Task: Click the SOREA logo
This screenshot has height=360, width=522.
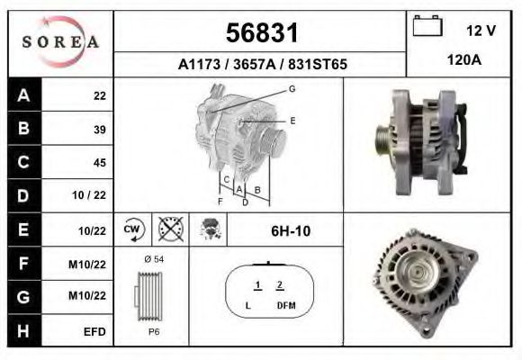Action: point(60,42)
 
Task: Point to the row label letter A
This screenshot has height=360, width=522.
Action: point(23,95)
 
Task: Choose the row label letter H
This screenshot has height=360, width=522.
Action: point(23,331)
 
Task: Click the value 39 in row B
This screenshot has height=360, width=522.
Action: point(99,129)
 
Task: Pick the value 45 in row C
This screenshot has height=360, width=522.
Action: point(99,163)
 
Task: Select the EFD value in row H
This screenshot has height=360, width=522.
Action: point(94,331)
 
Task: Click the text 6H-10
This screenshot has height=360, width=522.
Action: point(290,231)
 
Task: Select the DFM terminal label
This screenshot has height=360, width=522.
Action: point(284,306)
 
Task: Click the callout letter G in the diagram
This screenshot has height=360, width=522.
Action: point(292,88)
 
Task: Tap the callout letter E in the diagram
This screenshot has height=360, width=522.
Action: point(292,120)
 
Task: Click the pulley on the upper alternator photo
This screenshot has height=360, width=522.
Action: point(382,140)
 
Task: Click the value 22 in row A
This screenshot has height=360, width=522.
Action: point(99,95)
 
